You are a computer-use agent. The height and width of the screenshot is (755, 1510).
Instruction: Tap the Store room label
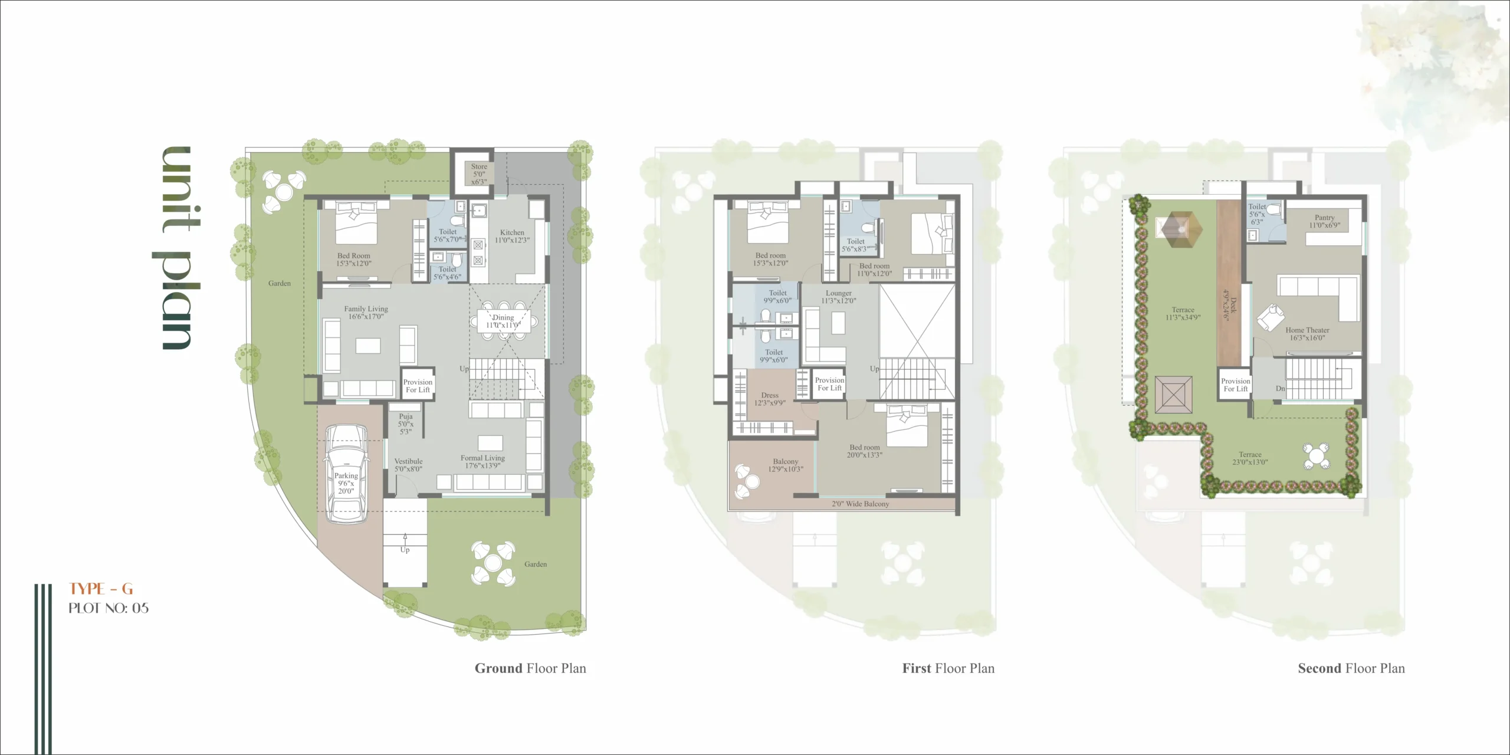pyautogui.click(x=479, y=174)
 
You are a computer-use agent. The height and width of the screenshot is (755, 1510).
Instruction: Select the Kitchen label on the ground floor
pyautogui.click(x=512, y=236)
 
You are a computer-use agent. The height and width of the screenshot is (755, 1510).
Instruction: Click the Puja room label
pyautogui.click(x=406, y=424)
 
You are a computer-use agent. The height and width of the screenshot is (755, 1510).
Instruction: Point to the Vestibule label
pyautogui.click(x=408, y=465)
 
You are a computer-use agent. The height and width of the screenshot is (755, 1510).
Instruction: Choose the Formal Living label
pyautogui.click(x=482, y=461)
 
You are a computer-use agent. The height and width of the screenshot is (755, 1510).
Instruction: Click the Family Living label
pyautogui.click(x=366, y=312)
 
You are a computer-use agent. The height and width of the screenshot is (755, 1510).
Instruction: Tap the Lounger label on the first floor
pyautogui.click(x=838, y=297)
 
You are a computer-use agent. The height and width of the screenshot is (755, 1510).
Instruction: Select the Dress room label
pyautogui.click(x=770, y=399)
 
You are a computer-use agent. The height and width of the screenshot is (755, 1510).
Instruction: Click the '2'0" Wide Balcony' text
pyautogui.click(x=860, y=504)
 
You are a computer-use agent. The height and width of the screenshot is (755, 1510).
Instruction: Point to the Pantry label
pyautogui.click(x=1325, y=221)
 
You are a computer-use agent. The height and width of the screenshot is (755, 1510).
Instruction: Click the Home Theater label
pyautogui.click(x=1307, y=334)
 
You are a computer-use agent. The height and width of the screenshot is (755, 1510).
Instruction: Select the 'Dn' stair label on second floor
pyautogui.click(x=1280, y=389)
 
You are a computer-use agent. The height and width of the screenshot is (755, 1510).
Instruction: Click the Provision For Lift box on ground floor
pyautogui.click(x=418, y=386)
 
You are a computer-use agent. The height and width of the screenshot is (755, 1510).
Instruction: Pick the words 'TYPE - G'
pyautogui.click(x=101, y=589)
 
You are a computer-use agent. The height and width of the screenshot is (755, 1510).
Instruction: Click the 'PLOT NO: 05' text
pyautogui.click(x=109, y=608)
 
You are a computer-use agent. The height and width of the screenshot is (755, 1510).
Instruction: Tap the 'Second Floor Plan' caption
pyautogui.click(x=1351, y=668)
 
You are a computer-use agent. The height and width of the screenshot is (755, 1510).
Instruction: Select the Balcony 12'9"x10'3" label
pyautogui.click(x=785, y=465)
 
